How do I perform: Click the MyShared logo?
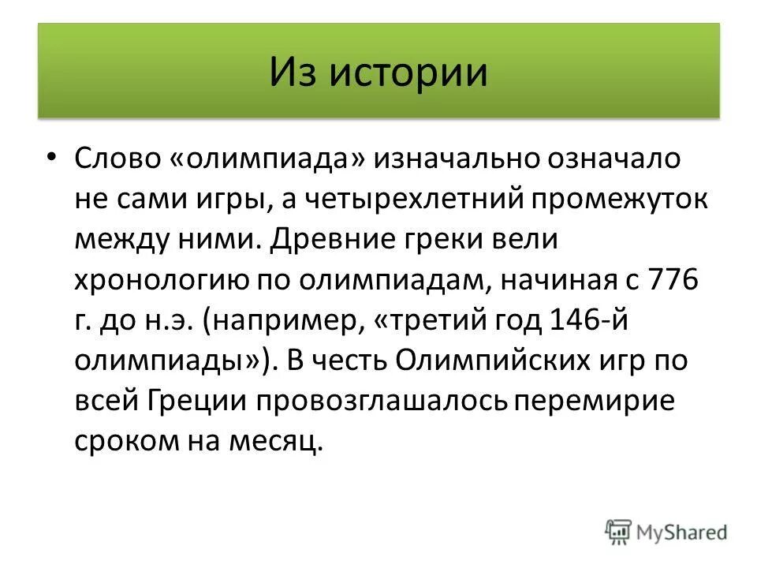point(666,532)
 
